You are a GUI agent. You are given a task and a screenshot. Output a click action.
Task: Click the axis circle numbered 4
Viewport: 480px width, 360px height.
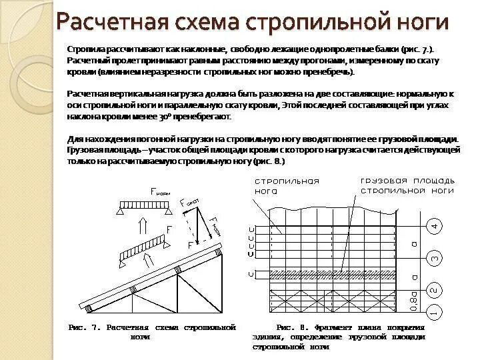[x=434, y=226]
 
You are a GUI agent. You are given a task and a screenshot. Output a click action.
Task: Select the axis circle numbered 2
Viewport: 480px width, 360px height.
[x=434, y=290]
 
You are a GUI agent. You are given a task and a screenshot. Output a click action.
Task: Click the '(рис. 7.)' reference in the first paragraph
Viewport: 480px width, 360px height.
[x=419, y=50]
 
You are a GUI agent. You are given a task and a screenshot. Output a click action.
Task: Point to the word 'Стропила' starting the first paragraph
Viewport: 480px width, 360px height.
[x=85, y=50]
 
